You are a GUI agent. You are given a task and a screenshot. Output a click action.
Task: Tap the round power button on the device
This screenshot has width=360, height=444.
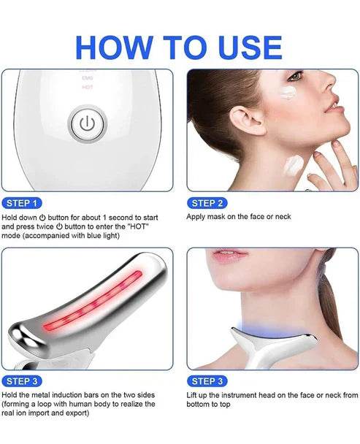pyautogui.click(x=86, y=123)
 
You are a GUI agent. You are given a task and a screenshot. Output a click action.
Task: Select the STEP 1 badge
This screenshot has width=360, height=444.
pyautogui.click(x=23, y=203)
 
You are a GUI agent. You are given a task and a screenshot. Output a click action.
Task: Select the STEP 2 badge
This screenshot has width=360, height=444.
pyautogui.click(x=207, y=203)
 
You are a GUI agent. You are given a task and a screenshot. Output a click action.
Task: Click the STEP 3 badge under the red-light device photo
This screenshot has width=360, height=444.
pyautogui.click(x=23, y=381)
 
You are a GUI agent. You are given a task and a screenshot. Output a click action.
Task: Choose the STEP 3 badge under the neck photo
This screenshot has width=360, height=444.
pyautogui.click(x=207, y=381)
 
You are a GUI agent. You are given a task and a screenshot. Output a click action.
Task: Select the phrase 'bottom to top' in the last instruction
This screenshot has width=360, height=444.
pyautogui.click(x=213, y=405)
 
